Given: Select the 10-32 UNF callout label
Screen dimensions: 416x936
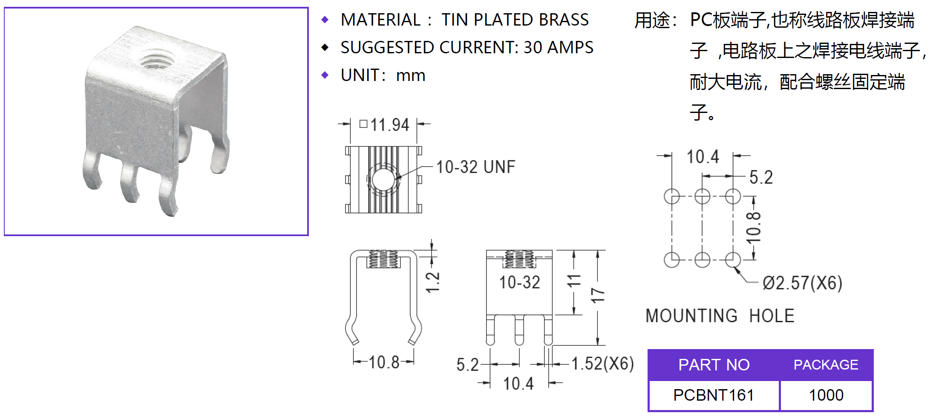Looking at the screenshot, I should click(475, 167).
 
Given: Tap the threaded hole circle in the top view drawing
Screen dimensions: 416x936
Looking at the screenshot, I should click(383, 179).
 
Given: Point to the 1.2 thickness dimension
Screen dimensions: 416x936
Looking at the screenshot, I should click(433, 282).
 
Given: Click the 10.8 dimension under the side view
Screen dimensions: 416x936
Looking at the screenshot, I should click(383, 362).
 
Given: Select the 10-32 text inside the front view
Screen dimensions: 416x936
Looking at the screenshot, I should click(519, 282).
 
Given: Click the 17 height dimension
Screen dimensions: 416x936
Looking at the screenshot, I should click(598, 295).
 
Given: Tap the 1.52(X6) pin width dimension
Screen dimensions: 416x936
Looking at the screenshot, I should click(602, 364).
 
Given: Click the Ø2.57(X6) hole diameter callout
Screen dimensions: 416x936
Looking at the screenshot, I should click(802, 283).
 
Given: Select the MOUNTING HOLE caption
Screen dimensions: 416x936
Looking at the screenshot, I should click(720, 316).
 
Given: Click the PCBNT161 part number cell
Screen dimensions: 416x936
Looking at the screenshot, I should click(714, 395).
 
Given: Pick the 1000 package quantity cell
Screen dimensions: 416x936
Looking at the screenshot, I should click(826, 395).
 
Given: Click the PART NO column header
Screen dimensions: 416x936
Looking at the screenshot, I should click(714, 365).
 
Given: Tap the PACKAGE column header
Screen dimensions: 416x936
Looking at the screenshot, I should click(826, 365).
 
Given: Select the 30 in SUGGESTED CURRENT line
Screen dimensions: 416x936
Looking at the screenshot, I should click(533, 47).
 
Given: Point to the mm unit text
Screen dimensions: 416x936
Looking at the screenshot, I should click(411, 75).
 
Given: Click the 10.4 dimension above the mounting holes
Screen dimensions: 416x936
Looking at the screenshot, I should click(703, 157).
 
